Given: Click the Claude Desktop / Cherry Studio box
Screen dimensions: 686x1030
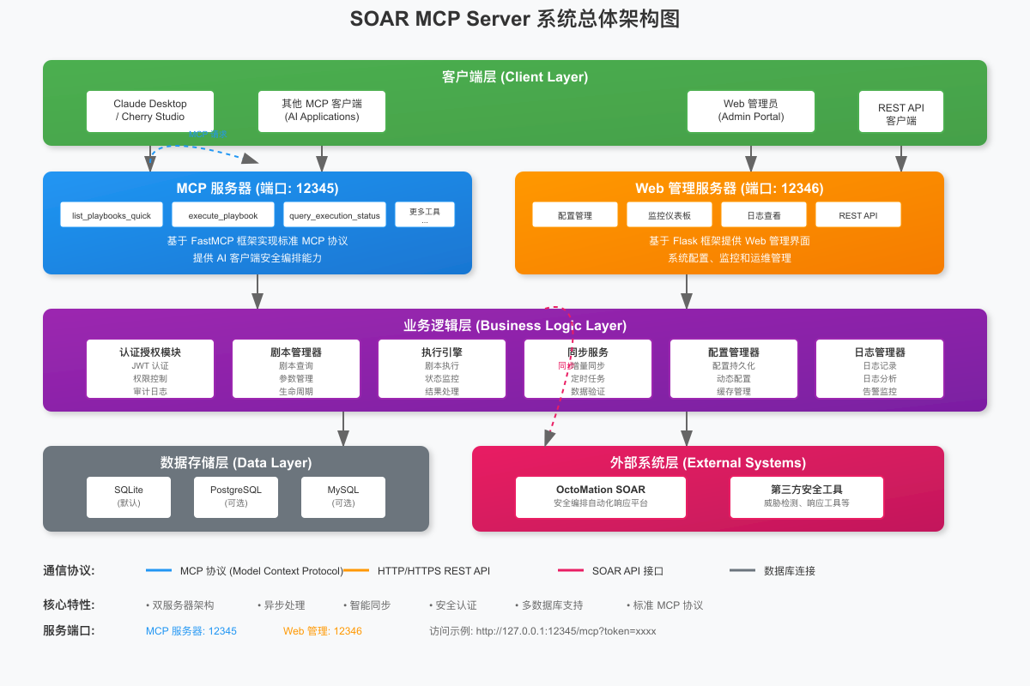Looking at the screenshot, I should tap(150, 111).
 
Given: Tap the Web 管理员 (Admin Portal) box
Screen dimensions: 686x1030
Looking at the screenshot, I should tap(751, 111).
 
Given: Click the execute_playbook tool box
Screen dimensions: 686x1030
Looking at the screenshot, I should tap(222, 214).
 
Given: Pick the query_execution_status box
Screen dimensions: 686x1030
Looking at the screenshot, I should tap(335, 214).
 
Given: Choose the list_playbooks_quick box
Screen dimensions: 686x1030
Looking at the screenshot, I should tap(112, 214).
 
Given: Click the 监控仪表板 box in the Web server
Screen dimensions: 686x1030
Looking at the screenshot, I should tap(669, 214).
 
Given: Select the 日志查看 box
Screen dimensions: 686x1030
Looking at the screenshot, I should tap(764, 214).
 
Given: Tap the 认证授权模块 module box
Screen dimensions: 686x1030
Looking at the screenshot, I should tap(150, 370).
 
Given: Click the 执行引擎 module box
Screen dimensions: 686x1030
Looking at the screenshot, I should tap(442, 370).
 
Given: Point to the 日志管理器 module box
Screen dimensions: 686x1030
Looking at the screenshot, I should tap(880, 370).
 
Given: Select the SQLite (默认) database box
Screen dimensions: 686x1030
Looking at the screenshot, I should tap(129, 497).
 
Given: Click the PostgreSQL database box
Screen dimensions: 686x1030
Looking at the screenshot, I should tap(236, 497).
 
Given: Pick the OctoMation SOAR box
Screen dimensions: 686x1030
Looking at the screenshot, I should tap(601, 497).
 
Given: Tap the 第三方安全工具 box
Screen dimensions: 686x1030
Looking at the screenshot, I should tap(807, 497).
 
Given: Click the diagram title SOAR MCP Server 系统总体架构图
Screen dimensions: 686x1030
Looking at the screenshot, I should tap(515, 19).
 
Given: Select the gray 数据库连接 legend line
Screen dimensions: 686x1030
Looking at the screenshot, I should tap(742, 570).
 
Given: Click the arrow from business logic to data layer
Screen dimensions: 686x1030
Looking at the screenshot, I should tap(343, 427).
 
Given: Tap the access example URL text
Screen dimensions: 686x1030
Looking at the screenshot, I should tap(542, 631).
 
